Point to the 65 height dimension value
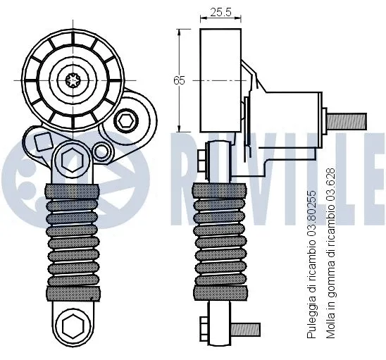pyautogui.click(x=180, y=80)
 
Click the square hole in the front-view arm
pyautogui.click(x=44, y=141)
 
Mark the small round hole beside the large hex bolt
pyautogui.click(x=102, y=151)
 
